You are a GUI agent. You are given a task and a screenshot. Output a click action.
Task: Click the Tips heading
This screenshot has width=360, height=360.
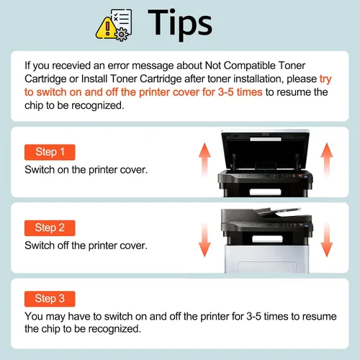tap(180, 24)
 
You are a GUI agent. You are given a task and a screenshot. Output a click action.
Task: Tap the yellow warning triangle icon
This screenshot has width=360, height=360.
tap(106, 29)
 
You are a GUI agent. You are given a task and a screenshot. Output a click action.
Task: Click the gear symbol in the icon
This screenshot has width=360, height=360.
tap(122, 35)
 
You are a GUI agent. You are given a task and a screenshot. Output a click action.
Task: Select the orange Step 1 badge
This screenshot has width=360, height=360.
tap(50, 152)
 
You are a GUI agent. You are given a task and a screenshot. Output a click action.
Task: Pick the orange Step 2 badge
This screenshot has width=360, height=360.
tap(50, 228)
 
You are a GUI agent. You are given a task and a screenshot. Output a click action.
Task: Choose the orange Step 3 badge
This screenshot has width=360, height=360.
tap(50, 299)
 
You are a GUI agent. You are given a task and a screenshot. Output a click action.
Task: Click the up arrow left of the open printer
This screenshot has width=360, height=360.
tap(204, 160)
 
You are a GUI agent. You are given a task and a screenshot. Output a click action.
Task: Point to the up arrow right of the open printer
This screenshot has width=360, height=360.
tap(327, 160)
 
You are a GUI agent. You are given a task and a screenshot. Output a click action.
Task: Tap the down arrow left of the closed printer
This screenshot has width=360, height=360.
tap(204, 240)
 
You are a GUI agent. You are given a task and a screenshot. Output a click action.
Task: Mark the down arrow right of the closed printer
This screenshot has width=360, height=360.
tap(327, 240)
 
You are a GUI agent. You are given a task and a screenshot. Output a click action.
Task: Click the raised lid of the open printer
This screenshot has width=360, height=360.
tap(265, 149)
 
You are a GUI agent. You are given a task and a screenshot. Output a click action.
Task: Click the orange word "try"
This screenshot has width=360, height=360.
tap(325, 79)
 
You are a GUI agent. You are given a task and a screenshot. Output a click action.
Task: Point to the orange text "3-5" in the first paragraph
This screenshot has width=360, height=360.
tap(225, 92)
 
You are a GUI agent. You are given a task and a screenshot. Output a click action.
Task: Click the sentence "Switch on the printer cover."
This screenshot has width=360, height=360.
tap(86, 170)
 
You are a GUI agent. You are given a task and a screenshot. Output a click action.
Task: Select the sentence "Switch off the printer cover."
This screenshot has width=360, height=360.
tap(86, 246)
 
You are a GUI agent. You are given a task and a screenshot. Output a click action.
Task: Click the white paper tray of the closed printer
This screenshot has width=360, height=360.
tap(266, 258)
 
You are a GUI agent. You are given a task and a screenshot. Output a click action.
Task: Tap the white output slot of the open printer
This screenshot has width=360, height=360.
tap(265, 192)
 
